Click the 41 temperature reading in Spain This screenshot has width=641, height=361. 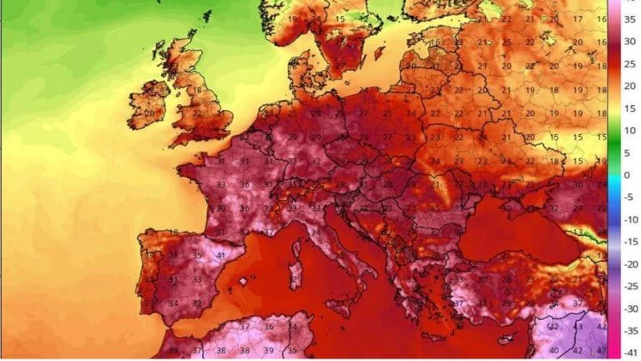click(220, 255)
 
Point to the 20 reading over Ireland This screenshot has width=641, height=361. click(149, 109)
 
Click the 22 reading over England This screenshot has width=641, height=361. click(197, 113)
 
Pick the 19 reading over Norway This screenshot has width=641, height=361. click(292, 18)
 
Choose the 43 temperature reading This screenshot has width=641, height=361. click(578, 327)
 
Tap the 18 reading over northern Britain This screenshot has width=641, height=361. click(198, 89)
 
